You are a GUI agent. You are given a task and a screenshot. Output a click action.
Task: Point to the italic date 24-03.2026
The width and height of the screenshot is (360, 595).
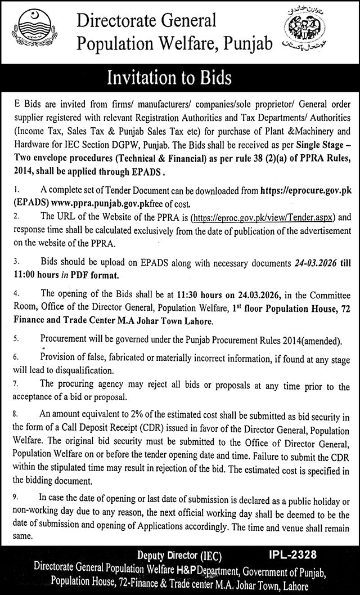[x=304, y=261]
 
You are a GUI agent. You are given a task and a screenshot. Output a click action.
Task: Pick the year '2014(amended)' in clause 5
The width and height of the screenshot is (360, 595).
[x=313, y=341]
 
